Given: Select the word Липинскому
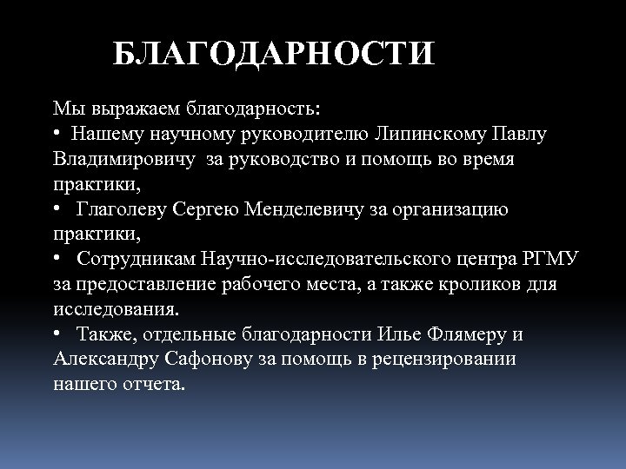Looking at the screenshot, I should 416,135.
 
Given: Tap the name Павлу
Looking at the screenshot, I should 522,135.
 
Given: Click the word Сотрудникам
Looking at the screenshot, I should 137,260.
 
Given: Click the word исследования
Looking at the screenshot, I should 117,309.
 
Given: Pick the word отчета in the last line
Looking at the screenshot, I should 150,384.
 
